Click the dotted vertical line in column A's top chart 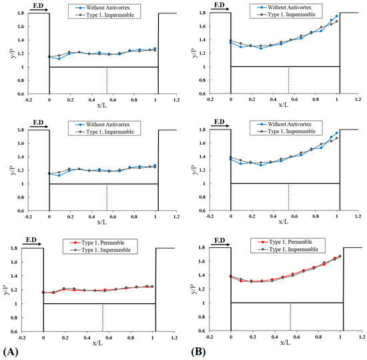pyautogui.click(x=107, y=80)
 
